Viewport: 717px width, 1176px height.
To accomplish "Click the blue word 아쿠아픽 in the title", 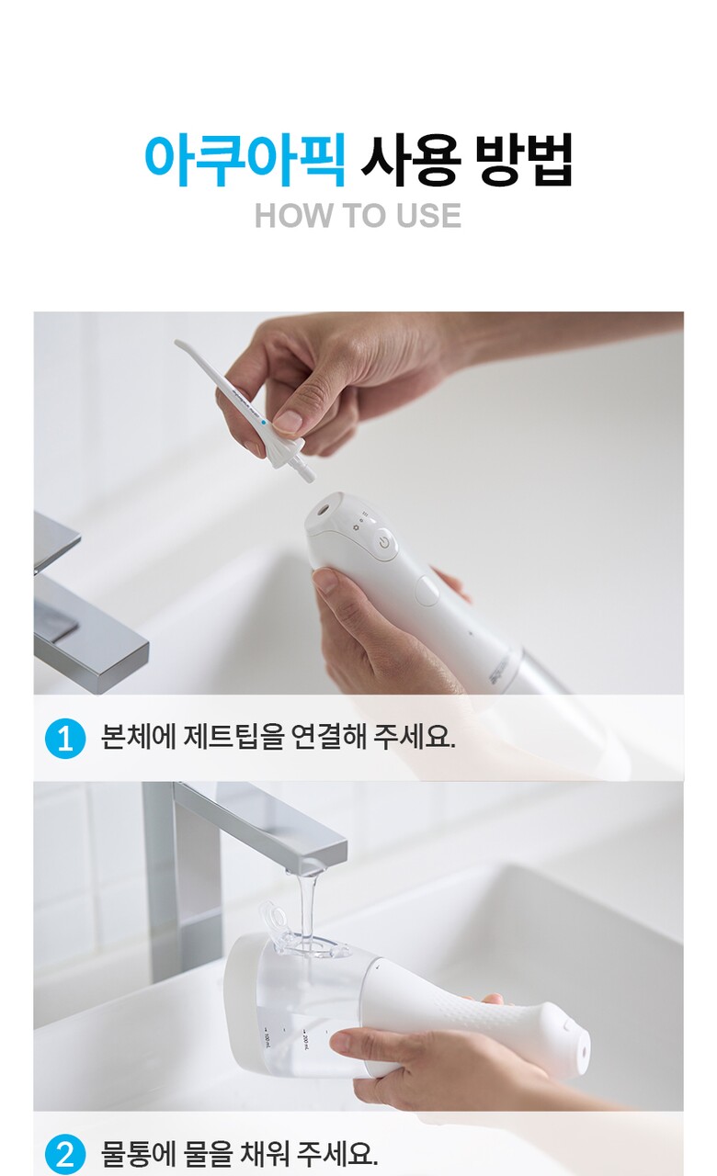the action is coord(245,160).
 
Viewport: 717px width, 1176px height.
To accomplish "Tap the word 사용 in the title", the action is coord(411,160).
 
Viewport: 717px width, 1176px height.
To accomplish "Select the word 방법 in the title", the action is coord(523,160).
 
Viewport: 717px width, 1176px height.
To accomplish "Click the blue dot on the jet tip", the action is coord(263,422).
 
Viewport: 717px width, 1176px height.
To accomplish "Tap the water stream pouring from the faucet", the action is coord(309,913).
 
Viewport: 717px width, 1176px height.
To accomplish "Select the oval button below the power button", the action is coord(427,591).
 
